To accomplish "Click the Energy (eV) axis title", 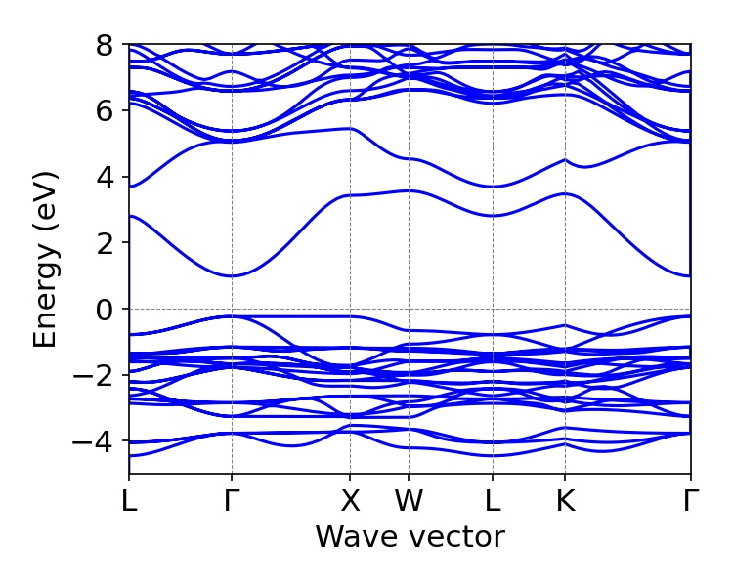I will tap(45, 260).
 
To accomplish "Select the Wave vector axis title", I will tap(410, 537).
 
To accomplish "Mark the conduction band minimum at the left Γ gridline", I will tap(231, 275).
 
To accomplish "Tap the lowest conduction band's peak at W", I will tap(409, 190).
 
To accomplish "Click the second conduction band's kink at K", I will tap(564, 159).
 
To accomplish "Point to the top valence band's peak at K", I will tap(564, 325).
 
